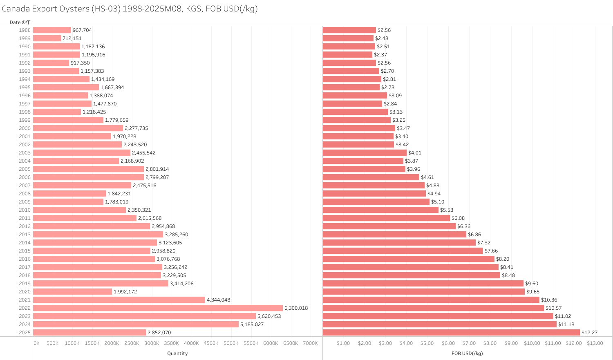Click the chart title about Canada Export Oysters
click(x=130, y=9)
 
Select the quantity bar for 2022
click(x=158, y=308)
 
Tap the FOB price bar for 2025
click(x=451, y=332)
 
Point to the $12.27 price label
click(x=589, y=332)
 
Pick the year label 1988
click(x=25, y=30)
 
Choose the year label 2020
click(x=25, y=291)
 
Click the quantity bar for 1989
click(x=47, y=38)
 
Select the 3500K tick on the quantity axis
click(x=171, y=343)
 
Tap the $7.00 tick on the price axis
click(x=469, y=343)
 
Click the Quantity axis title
click(x=177, y=353)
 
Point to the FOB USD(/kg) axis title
click(x=467, y=353)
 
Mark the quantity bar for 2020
click(x=72, y=291)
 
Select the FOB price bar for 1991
click(x=347, y=54)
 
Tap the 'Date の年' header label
click(x=20, y=22)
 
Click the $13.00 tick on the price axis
click(x=595, y=343)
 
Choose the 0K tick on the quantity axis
click(x=36, y=343)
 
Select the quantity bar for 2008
click(x=69, y=193)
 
